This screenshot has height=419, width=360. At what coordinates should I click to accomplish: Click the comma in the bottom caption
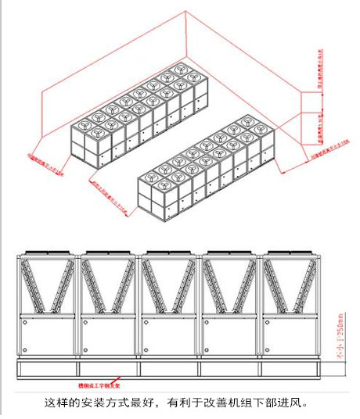tap(164, 405)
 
